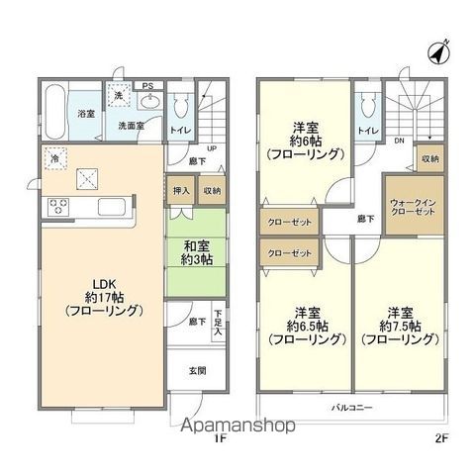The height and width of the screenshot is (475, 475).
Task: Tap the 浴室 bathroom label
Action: tap(86, 114)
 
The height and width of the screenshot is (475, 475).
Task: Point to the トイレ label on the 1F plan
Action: tap(180, 128)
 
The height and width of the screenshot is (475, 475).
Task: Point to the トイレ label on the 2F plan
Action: tap(365, 130)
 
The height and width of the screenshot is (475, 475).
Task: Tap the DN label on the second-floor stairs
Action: tap(399, 142)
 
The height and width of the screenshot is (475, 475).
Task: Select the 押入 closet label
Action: tap(181, 190)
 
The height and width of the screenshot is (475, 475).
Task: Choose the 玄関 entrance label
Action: tap(197, 371)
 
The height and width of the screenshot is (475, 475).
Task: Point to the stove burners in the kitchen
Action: tap(57, 208)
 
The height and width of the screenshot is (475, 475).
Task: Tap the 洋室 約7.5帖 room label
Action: tap(400, 326)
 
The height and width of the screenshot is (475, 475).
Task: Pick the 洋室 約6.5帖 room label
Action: tap(303, 326)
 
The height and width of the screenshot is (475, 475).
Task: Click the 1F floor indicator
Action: tap(222, 436)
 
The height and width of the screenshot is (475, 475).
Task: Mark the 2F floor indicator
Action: tap(442, 436)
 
